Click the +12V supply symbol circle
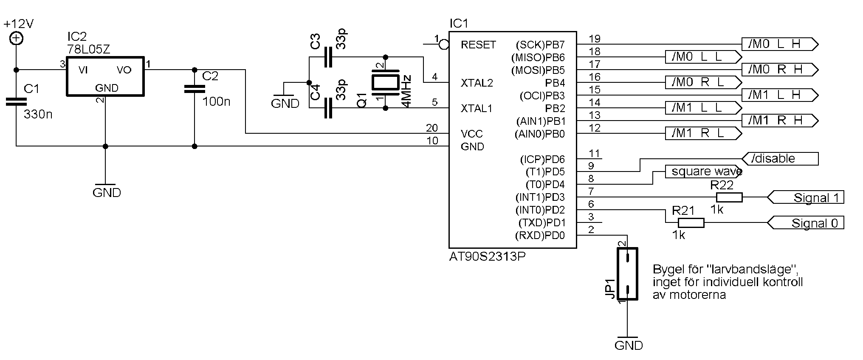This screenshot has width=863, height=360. coord(16,39)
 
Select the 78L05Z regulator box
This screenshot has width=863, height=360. coord(105,76)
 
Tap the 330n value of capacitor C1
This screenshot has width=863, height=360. coord(38,115)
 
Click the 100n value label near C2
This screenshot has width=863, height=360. coord(216,102)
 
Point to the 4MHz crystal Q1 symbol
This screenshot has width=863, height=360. coord(385,83)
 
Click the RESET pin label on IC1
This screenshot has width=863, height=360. coord(478,45)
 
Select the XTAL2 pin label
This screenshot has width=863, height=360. coord(477,83)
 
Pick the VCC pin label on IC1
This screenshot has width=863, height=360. coord(471,134)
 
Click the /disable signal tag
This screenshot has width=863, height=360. coord(779,159)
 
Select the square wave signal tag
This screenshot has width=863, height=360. coord(703,172)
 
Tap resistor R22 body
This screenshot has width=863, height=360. coord(729,197)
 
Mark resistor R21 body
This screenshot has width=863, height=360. coord(691,223)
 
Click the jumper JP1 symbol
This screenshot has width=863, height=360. coord(627,274)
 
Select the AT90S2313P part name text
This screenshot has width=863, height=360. coord(487,256)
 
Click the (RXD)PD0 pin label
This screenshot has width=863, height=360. coord(540,236)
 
